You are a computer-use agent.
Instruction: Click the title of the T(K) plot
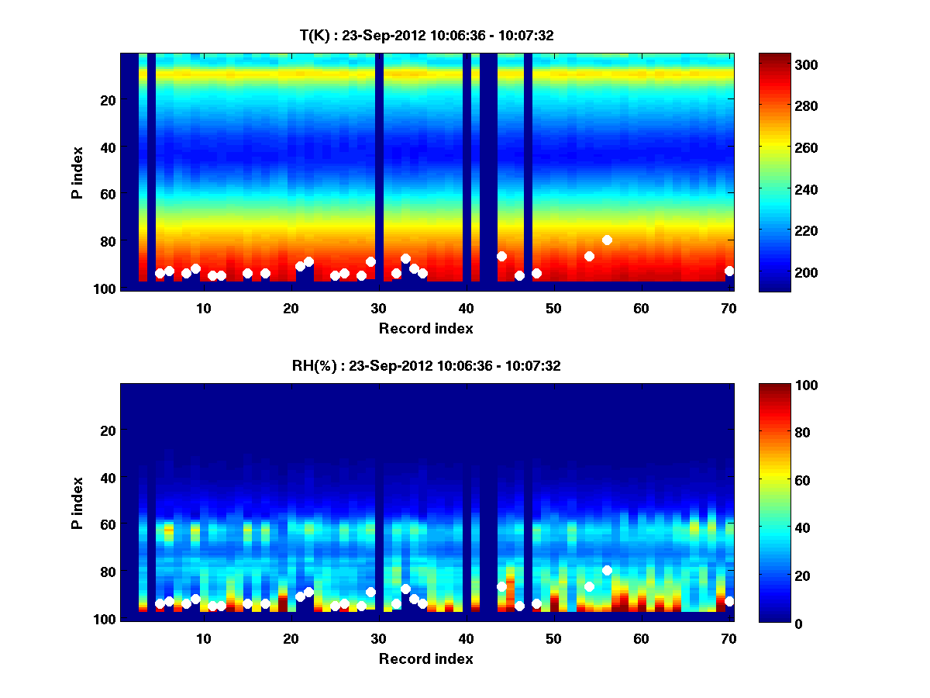point(426,35)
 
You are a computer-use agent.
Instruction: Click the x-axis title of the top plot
point(426,328)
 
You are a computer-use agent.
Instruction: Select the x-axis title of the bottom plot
point(426,658)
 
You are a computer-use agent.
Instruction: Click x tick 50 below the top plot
point(553,308)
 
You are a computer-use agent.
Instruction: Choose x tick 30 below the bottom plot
point(378,638)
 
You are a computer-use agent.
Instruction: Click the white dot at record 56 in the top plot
point(607,240)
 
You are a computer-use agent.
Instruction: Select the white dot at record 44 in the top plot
point(501,257)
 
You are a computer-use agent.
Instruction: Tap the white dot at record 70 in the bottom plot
point(729,601)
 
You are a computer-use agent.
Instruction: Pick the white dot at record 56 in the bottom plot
point(607,571)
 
